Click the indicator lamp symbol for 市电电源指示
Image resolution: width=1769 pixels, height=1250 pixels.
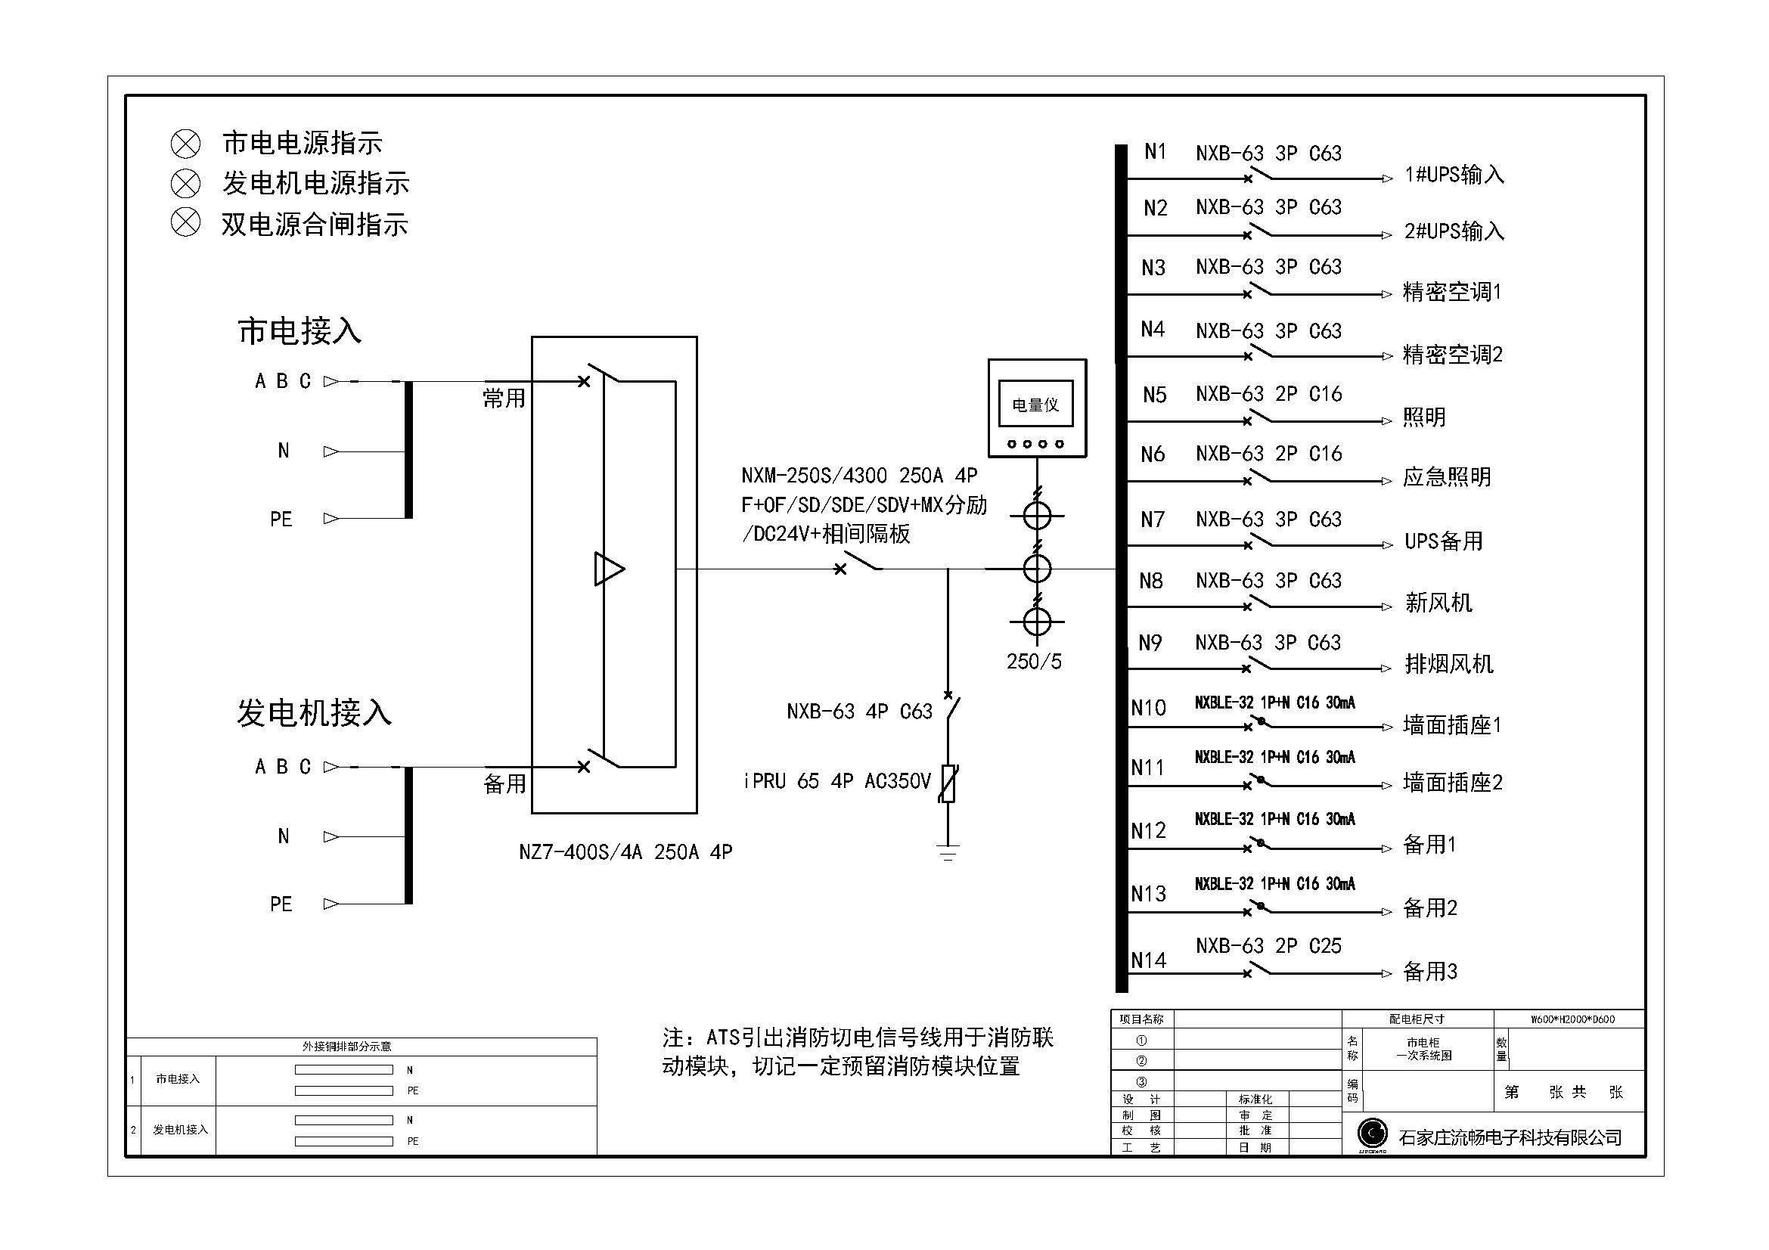(185, 143)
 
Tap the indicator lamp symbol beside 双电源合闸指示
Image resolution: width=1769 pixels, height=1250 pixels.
(185, 222)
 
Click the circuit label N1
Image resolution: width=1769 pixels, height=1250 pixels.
(1154, 152)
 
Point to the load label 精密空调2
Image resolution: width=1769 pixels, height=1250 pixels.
(1452, 355)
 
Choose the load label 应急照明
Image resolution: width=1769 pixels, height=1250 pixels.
(1446, 477)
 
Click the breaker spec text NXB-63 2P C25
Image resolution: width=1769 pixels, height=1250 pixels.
(1268, 946)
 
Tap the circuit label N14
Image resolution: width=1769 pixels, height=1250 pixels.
(1148, 960)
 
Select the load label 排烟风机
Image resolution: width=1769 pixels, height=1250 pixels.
(1448, 664)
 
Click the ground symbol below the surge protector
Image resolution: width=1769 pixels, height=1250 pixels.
(948, 852)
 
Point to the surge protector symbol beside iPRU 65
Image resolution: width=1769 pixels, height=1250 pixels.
(948, 784)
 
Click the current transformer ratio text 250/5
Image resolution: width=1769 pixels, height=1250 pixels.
(1034, 662)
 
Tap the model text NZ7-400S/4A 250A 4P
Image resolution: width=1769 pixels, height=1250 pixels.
(625, 851)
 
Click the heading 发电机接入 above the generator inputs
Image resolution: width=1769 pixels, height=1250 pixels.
(314, 713)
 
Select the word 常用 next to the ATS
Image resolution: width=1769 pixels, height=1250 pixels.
(504, 399)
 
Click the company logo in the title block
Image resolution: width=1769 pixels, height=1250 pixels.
(1371, 1134)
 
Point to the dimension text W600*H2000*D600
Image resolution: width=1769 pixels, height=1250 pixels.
(1572, 1019)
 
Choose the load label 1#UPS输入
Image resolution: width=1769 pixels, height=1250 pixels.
(1454, 175)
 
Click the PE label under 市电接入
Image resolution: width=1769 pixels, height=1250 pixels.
(281, 520)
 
